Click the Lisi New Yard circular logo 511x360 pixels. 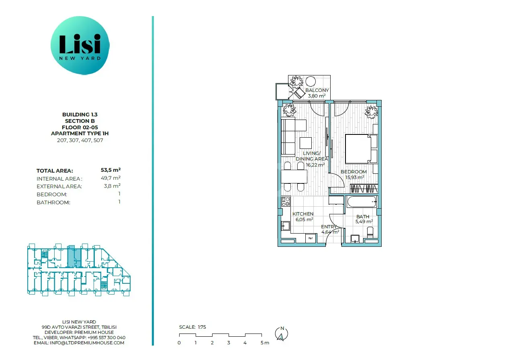[x=80, y=45]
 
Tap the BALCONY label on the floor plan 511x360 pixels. [x=317, y=90]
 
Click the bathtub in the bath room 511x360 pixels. [x=362, y=202]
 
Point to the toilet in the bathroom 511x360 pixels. [x=370, y=232]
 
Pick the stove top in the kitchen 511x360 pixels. [x=286, y=201]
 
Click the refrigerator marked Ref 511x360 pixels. [x=311, y=238]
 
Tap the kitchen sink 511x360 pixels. [x=286, y=226]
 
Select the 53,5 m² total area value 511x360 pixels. [x=110, y=170]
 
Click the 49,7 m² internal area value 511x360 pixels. [x=110, y=178]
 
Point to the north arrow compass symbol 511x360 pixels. [x=282, y=334]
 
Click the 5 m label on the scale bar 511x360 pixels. [x=265, y=343]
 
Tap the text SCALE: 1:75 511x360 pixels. [x=192, y=327]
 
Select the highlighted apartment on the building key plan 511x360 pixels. [x=74, y=256]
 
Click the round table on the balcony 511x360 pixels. [x=311, y=81]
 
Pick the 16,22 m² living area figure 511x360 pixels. [x=315, y=165]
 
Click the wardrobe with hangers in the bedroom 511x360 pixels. [x=364, y=189]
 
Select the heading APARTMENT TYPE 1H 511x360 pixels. [x=80, y=134]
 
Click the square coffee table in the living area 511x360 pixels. [x=306, y=143]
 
